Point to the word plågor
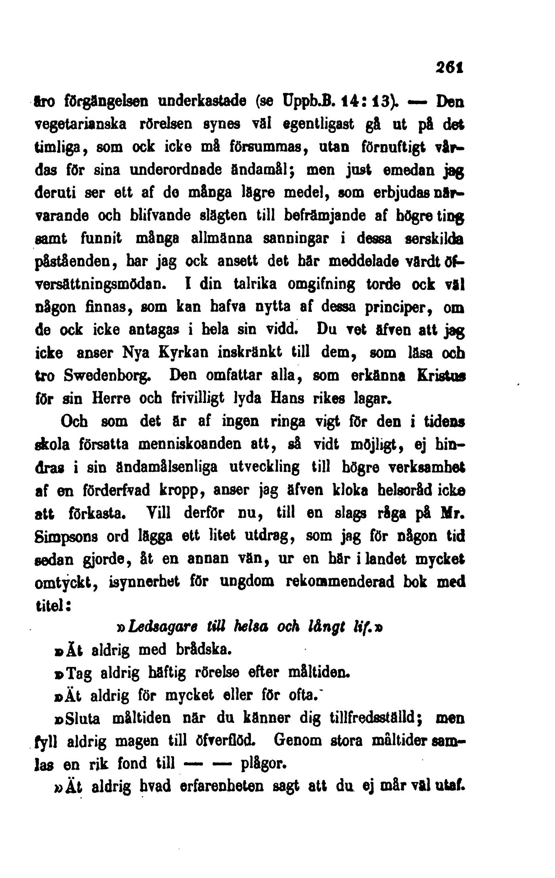pyautogui.click(x=263, y=763)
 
